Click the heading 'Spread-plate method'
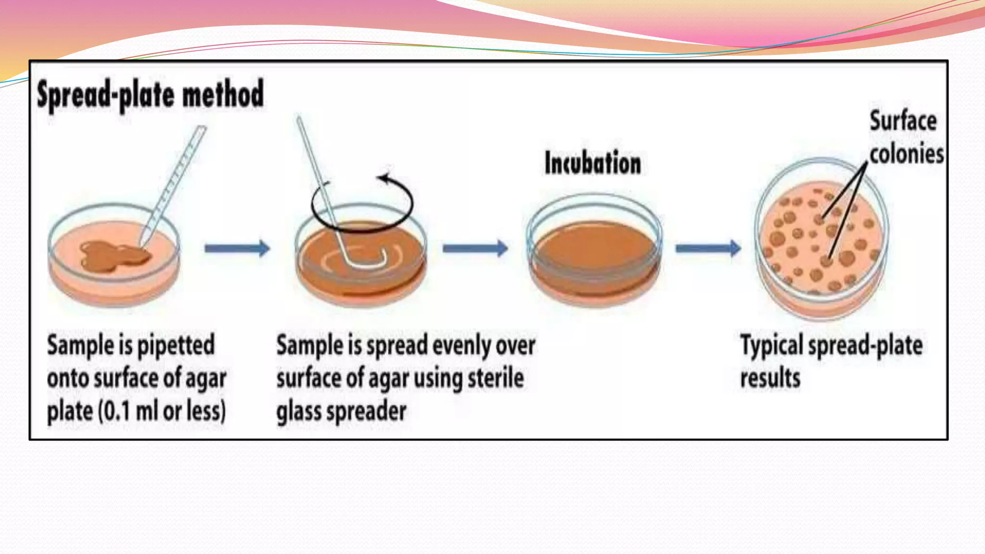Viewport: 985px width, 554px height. [150, 94]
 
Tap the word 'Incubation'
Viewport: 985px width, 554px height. [593, 163]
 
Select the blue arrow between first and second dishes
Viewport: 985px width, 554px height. [237, 248]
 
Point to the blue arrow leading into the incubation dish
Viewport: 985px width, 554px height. [475, 248]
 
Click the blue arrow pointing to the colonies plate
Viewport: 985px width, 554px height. [708, 248]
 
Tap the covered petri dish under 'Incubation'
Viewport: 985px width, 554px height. [594, 250]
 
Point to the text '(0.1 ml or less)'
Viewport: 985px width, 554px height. [162, 411]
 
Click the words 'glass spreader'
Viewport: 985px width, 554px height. [341, 412]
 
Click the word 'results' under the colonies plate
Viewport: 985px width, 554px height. [770, 378]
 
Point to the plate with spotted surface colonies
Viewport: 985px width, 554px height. [821, 238]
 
